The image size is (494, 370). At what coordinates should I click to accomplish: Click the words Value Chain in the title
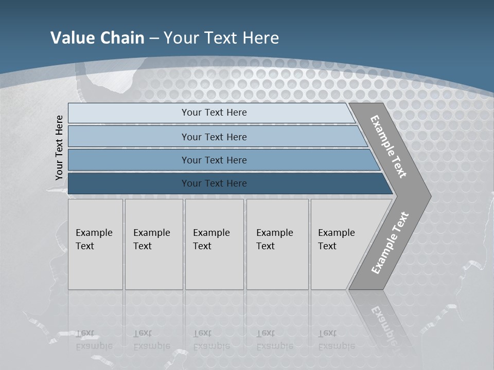[x=97, y=38]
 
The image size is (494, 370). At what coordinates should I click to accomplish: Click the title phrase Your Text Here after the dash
[x=221, y=38]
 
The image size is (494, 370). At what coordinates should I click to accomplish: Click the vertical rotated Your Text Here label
[x=59, y=147]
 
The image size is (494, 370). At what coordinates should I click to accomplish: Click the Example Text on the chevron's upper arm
[x=389, y=146]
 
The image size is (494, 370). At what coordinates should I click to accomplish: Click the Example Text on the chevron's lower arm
[x=390, y=243]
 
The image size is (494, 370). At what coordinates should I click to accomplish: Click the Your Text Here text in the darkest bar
[x=214, y=183]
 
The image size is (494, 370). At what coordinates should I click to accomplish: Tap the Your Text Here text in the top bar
[x=214, y=113]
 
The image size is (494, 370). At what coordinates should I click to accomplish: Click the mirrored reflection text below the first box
[x=94, y=340]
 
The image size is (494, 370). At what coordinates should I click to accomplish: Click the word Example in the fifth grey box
[x=336, y=233]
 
